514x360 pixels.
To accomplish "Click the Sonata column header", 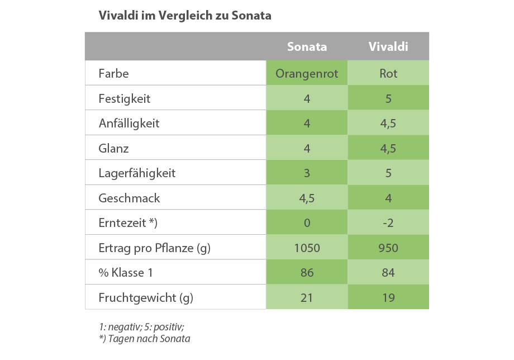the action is click(x=307, y=46).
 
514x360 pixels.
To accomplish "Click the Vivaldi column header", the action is click(x=388, y=46).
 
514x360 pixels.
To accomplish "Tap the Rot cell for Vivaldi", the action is click(x=388, y=73).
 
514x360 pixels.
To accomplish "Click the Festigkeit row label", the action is click(x=124, y=99).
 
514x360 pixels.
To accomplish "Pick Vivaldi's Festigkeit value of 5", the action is click(x=388, y=99).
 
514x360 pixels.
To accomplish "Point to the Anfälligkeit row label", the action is click(x=129, y=124).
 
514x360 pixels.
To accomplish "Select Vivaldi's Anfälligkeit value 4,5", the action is click(x=388, y=124).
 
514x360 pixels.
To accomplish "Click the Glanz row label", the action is click(x=113, y=149).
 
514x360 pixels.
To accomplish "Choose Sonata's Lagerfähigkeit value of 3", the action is click(x=307, y=173).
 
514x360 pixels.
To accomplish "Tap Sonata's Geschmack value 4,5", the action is click(x=307, y=198).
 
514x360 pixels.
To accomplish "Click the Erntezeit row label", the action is click(x=128, y=223).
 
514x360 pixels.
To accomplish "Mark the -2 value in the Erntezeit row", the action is click(x=388, y=223).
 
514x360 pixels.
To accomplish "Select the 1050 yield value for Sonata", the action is click(x=307, y=248).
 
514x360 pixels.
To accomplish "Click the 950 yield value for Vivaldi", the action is click(x=388, y=248).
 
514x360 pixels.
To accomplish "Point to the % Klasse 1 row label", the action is click(x=126, y=273).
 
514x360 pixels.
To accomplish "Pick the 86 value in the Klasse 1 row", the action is click(x=307, y=273).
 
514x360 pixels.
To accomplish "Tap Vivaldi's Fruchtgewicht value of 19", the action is click(x=388, y=298).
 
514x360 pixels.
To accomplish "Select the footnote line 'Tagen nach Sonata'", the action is click(x=145, y=339).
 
